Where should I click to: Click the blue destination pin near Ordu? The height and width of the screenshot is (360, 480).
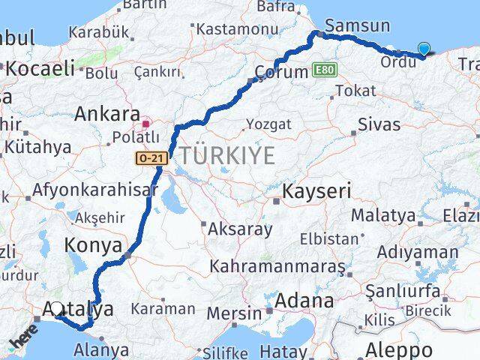click(x=424, y=49)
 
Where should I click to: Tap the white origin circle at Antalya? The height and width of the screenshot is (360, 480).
click(x=57, y=308)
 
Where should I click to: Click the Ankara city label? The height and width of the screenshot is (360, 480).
click(x=107, y=115)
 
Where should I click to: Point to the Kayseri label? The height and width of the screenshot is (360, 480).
click(x=316, y=191)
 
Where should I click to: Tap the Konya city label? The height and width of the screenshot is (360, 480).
click(x=93, y=244)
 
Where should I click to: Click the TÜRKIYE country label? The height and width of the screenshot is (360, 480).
click(x=226, y=156)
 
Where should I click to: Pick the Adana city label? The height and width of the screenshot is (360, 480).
click(x=304, y=301)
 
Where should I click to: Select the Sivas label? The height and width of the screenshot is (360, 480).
click(x=379, y=124)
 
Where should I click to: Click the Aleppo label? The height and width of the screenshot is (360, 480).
click(x=399, y=349)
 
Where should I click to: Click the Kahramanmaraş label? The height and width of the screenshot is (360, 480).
click(x=277, y=266)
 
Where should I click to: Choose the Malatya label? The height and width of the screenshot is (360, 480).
click(x=383, y=215)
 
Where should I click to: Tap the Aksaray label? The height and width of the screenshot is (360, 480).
click(x=240, y=229)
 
